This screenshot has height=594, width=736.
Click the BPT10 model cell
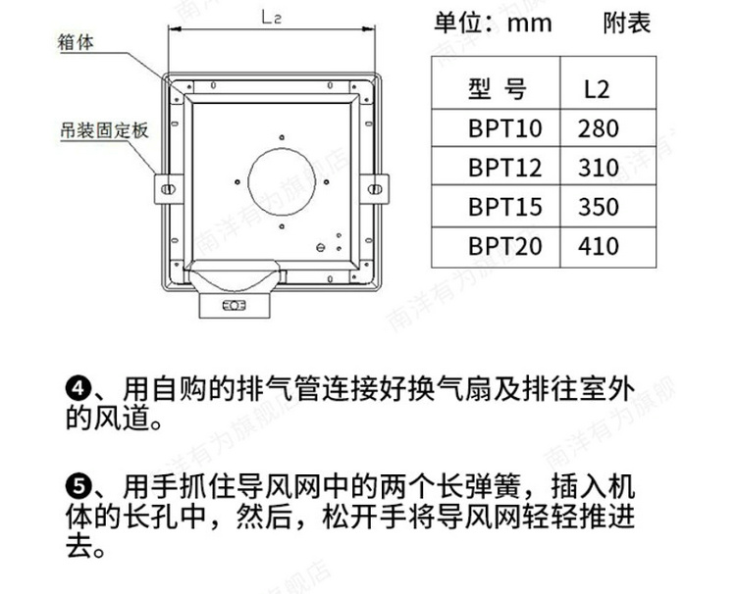[x=505, y=128]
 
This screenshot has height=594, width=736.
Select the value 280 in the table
[x=598, y=128]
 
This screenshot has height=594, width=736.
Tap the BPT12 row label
[x=505, y=168]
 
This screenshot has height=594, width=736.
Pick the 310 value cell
[x=598, y=168]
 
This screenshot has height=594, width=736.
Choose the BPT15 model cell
[x=505, y=207]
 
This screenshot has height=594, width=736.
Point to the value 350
[x=598, y=207]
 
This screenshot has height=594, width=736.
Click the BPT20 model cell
[x=505, y=246]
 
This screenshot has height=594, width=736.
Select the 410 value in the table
[x=598, y=246]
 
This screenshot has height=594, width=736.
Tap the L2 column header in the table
[x=597, y=89]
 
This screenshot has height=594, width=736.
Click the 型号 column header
[x=498, y=88]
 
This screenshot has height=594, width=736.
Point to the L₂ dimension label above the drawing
[x=271, y=18]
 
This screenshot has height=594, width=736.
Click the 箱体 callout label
[x=76, y=43]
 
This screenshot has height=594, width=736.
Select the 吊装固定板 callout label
[x=104, y=130]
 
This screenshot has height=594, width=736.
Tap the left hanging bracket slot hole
[x=168, y=189]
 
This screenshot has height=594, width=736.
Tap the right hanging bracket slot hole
[x=375, y=189]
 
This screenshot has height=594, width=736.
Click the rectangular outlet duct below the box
[x=235, y=305]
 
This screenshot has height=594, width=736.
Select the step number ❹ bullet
[x=78, y=389]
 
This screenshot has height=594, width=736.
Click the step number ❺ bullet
[x=78, y=487]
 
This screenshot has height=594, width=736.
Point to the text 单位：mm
[x=493, y=23]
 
